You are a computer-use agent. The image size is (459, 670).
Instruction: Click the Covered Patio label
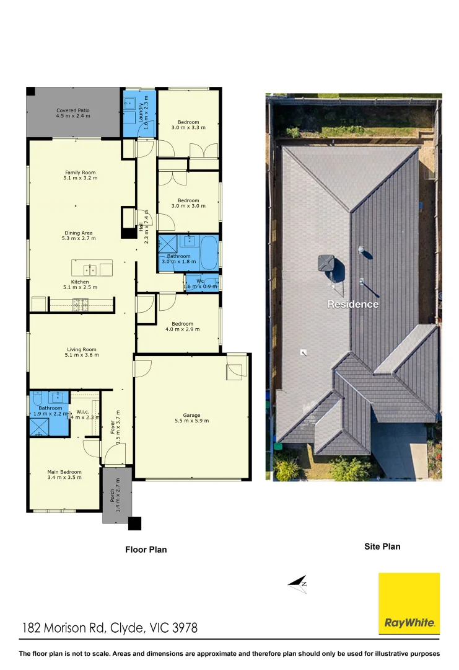(73, 110)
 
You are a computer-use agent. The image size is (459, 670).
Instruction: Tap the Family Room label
(81, 172)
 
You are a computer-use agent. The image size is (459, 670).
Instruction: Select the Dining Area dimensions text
(79, 238)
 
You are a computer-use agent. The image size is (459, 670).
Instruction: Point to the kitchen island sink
(90, 269)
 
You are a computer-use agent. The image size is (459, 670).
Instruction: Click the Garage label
(191, 415)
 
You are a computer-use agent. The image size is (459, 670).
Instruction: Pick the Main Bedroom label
(64, 472)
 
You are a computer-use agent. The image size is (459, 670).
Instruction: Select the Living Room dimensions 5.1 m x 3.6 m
(82, 355)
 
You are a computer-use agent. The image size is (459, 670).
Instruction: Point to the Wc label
(200, 281)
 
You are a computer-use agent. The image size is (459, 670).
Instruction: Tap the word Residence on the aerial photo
(352, 305)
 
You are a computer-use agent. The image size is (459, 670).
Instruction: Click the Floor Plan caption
(146, 550)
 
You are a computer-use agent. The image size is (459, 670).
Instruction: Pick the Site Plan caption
(382, 547)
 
